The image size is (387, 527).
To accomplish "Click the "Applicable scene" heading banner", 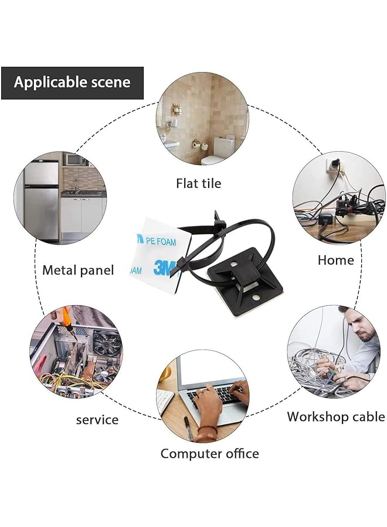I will [72, 83].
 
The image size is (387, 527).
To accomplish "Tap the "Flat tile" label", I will [199, 183].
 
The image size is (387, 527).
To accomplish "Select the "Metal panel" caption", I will [78, 270].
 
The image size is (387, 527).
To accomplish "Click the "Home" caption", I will [336, 260].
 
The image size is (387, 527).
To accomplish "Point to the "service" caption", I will [97, 419].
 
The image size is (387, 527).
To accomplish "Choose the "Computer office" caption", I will [209, 453].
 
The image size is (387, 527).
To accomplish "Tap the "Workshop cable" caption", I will [335, 417].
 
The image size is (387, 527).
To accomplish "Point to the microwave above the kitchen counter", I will [74, 159].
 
